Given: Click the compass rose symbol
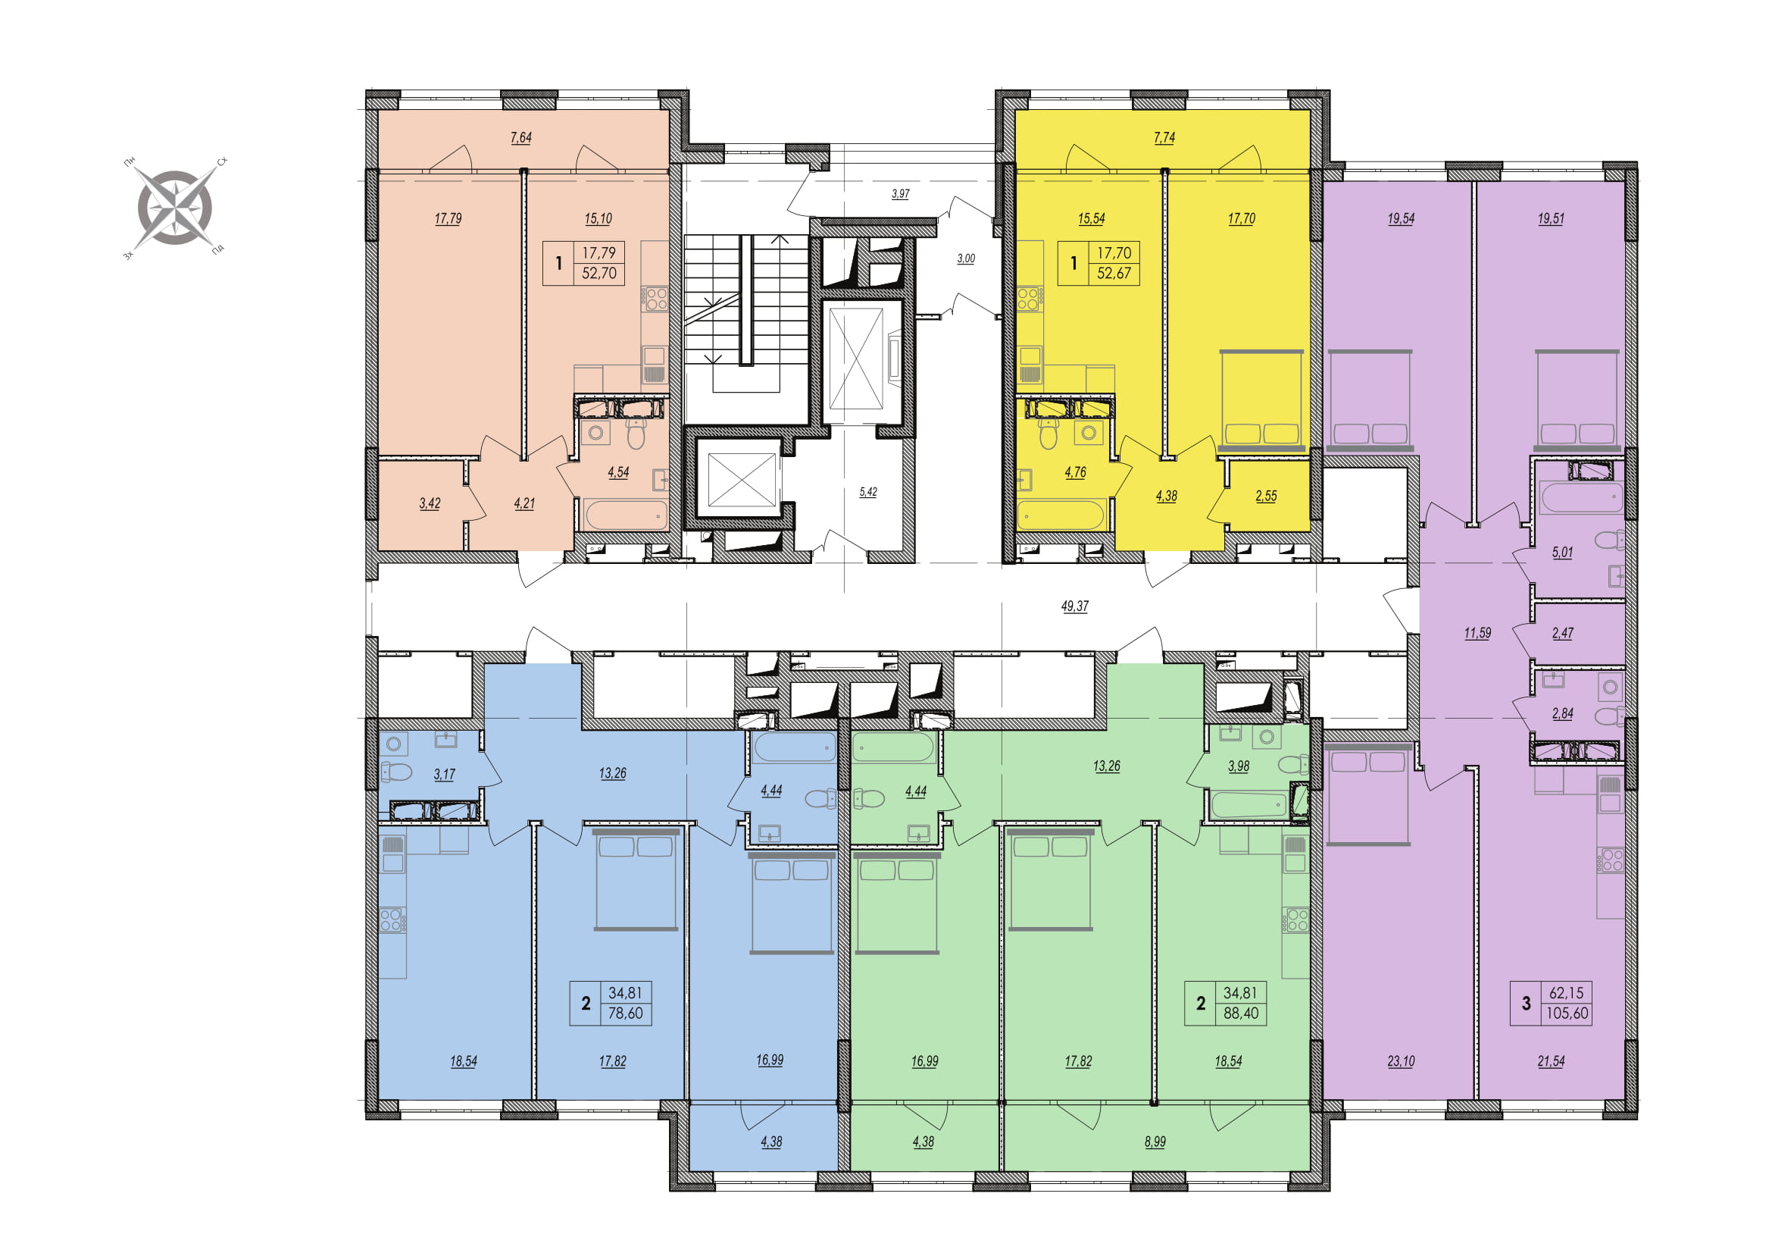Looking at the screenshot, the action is (x=174, y=208).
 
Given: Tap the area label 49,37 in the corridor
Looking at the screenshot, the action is (x=1074, y=607).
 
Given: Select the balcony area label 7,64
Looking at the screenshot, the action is (x=521, y=137).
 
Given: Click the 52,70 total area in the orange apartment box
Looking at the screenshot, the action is (x=599, y=274).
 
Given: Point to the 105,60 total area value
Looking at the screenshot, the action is (x=1567, y=1013).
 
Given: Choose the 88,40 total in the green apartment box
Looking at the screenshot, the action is (x=1241, y=1013).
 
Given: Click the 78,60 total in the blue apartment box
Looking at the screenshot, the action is (x=625, y=1013).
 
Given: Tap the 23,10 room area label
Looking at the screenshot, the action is (x=1401, y=1061).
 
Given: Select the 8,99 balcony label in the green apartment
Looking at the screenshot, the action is (x=1155, y=1142).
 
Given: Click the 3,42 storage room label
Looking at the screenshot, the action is (x=430, y=503).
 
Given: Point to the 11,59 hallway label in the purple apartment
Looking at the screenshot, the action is (x=1477, y=633).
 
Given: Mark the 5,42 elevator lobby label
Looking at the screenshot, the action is (x=868, y=492).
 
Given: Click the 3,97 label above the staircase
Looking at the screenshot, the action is (x=900, y=194).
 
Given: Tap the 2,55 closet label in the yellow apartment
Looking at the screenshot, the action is (x=1266, y=497).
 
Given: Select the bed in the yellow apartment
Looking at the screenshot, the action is (x=1261, y=400).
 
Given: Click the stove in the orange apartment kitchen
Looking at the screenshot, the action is (x=657, y=298).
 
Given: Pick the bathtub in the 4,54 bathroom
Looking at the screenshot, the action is (x=624, y=515).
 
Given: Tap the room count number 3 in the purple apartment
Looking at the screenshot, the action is (x=1526, y=1004).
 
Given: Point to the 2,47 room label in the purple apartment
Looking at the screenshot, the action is (x=1562, y=633).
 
